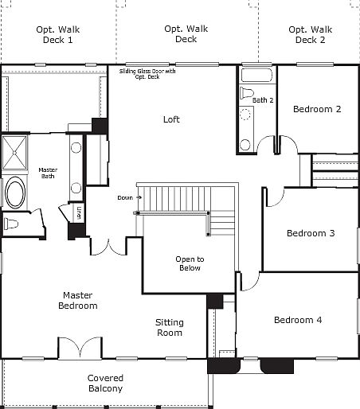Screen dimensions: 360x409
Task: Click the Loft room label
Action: coord(171,119)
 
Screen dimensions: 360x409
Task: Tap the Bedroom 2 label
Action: coord(317,109)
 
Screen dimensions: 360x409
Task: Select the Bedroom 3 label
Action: coord(311,233)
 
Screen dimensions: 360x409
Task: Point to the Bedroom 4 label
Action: coord(298,320)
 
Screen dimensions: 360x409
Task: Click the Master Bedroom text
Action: coord(78,300)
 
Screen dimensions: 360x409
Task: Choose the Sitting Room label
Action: coord(170,328)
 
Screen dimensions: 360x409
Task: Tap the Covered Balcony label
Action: coord(105,384)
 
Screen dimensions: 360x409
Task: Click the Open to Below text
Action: coord(190,263)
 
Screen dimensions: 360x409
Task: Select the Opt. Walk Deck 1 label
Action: coord(58,34)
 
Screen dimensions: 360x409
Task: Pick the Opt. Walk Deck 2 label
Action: coord(311,34)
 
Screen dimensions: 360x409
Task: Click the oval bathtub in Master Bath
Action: coord(15,193)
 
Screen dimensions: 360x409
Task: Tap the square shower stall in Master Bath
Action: coord(14,153)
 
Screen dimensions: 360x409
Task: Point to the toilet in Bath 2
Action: coord(246,93)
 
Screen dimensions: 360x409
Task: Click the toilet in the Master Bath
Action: coord(10,224)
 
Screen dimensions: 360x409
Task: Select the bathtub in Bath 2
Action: coord(256,76)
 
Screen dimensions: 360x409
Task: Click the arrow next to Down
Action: coord(139,197)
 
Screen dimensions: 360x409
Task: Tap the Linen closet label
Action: coord(79,212)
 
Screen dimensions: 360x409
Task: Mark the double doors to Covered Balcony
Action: coord(80,348)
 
